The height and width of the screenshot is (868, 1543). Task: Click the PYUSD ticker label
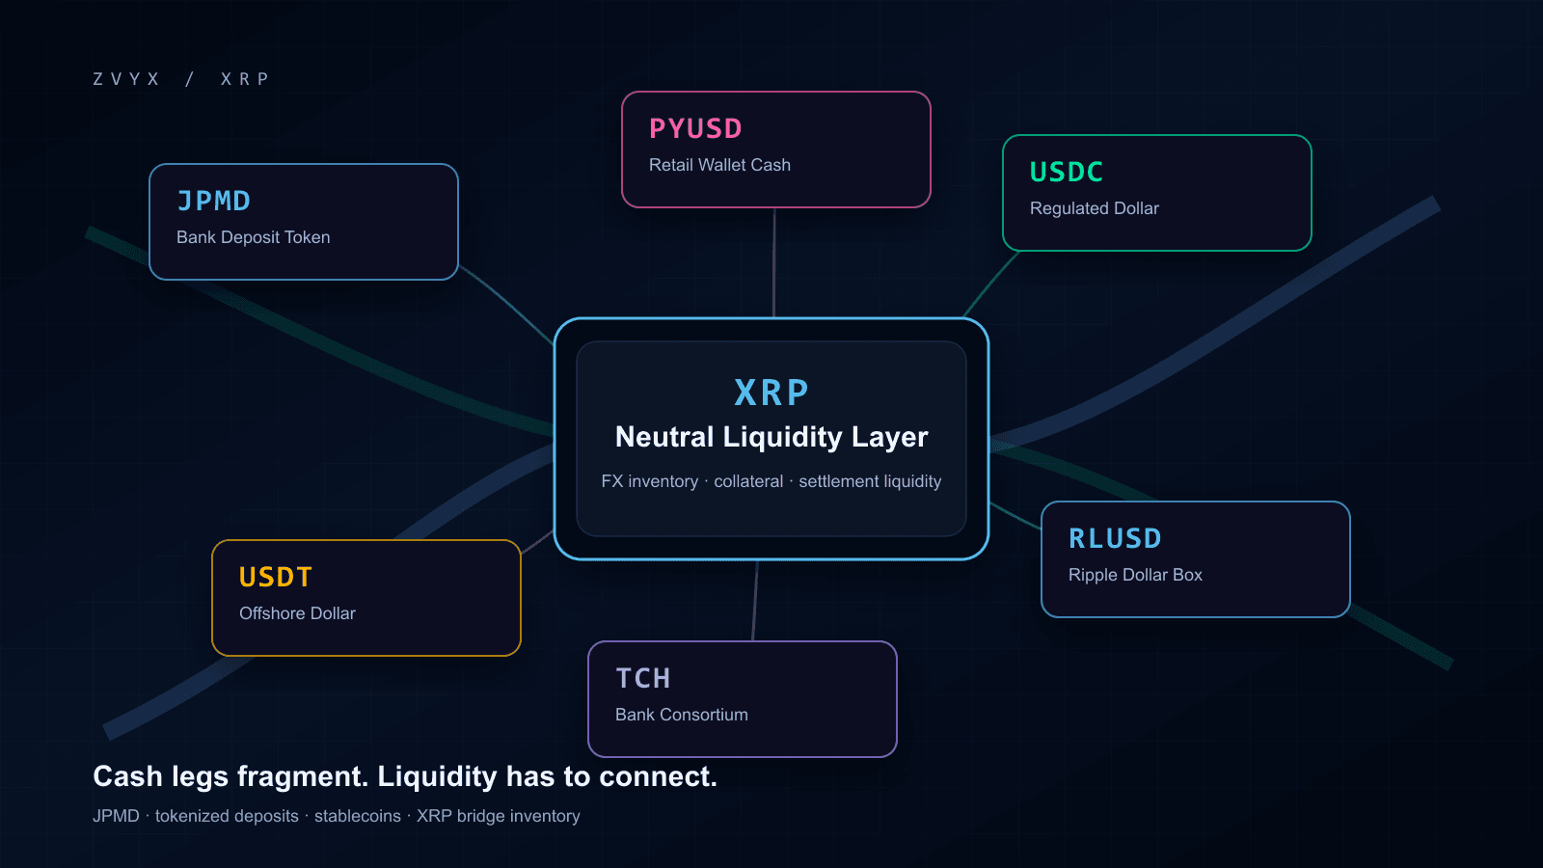(695, 129)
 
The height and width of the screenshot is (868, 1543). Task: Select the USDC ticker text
(1067, 173)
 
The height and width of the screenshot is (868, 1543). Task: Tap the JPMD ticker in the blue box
(213, 202)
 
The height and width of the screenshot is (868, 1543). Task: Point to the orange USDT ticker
(276, 578)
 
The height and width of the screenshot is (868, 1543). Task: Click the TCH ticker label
(642, 679)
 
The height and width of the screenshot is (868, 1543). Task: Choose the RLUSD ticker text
(1115, 539)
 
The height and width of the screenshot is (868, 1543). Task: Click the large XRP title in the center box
(771, 393)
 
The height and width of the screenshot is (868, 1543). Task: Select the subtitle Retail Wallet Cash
(719, 165)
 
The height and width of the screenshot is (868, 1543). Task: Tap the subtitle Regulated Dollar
(1095, 208)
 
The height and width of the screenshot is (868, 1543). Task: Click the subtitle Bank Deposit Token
(254, 237)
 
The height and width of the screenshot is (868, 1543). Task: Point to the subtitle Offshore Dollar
(298, 613)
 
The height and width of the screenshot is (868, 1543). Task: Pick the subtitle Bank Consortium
(682, 715)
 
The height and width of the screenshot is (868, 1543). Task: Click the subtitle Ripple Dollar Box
(1135, 575)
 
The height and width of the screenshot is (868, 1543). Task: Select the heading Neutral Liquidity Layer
(771, 437)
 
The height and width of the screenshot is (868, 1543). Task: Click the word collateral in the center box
(748, 481)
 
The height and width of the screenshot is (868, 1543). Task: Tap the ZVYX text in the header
(126, 79)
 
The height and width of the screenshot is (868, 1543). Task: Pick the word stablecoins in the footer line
(358, 816)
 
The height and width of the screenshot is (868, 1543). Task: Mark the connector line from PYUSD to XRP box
(774, 263)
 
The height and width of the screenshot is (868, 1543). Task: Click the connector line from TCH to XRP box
(755, 601)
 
